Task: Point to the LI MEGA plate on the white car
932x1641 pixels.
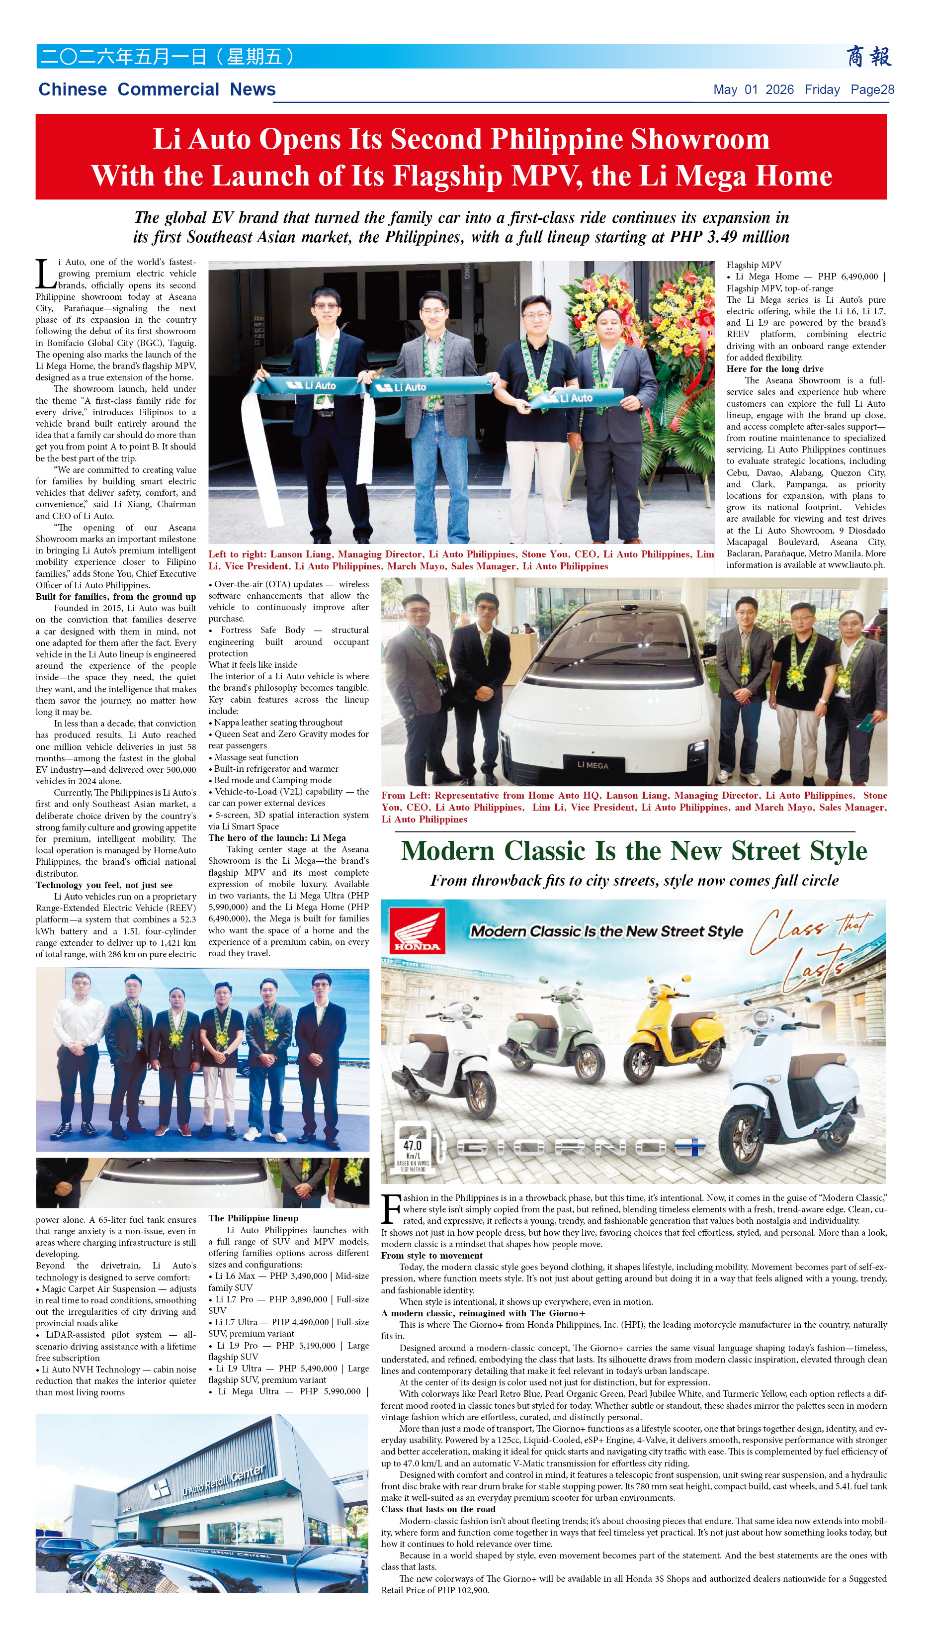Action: [592, 764]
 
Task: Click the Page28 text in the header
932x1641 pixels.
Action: [872, 90]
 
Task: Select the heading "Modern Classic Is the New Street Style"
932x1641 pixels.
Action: [634, 851]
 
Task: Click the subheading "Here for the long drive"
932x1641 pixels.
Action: [774, 369]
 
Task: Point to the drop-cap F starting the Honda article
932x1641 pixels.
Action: [391, 1209]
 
